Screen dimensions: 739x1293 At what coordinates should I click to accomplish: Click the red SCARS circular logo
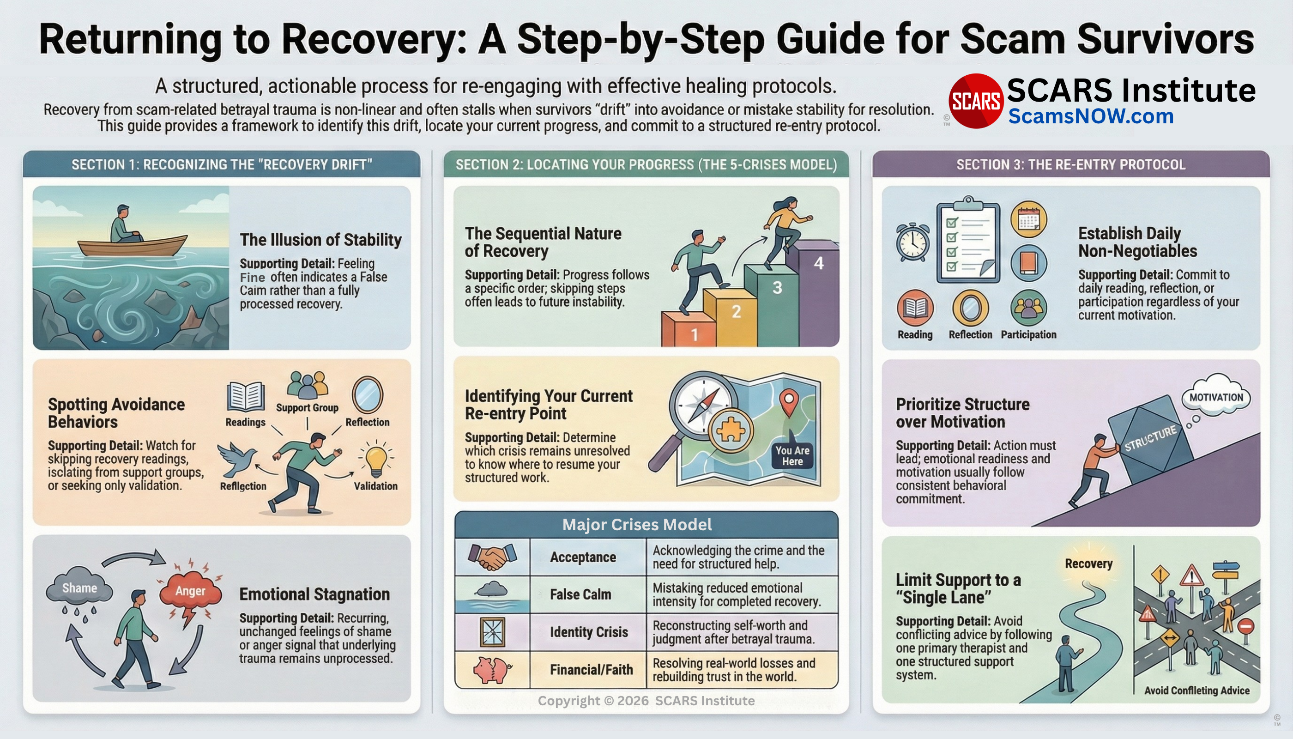coord(975,101)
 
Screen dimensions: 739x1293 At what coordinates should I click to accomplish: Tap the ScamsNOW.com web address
coord(1091,116)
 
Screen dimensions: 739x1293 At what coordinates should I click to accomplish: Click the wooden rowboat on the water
coord(133,246)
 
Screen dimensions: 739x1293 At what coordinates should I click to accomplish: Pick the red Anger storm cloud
coord(190,592)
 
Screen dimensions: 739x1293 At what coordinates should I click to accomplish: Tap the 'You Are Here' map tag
coord(792,456)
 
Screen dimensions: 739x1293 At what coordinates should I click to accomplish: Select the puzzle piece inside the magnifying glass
coord(730,431)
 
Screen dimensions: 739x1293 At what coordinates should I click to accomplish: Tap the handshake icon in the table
coord(492,556)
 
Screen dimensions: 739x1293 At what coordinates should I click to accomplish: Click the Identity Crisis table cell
coord(589,632)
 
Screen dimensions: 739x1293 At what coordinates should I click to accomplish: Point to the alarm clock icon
coord(913,242)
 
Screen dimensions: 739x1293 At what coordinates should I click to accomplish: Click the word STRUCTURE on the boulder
coord(1150,438)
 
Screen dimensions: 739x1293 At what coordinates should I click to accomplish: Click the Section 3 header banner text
coord(1071,164)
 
